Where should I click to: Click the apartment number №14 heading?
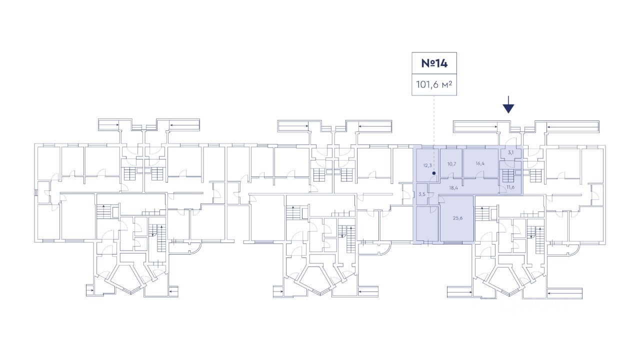point(433,63)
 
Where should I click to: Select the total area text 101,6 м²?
point(433,85)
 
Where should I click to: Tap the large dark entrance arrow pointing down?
point(508,105)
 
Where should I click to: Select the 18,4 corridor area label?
point(454,188)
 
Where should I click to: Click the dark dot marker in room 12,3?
point(434,173)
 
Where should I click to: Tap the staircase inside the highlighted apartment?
point(508,176)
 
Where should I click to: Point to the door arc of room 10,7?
point(450,175)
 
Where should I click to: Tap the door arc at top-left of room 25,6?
point(442,198)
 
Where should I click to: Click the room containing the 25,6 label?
point(456,227)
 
